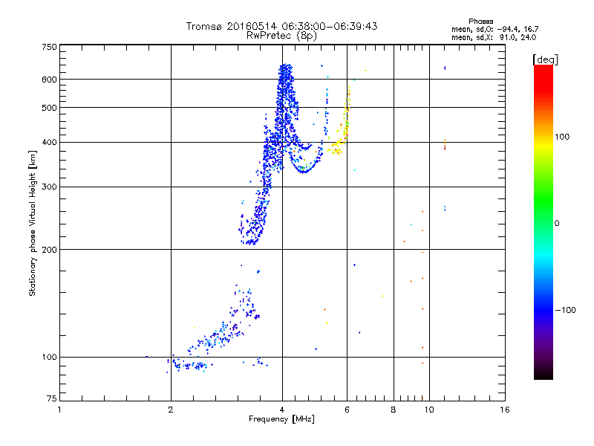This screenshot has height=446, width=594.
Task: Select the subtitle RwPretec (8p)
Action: click(x=281, y=36)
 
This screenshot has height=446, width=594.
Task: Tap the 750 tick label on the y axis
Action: click(x=50, y=47)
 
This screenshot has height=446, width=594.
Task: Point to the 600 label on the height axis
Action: click(x=50, y=80)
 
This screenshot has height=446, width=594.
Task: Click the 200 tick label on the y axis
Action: click(x=50, y=250)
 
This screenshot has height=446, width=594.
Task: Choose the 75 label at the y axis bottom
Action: click(x=52, y=398)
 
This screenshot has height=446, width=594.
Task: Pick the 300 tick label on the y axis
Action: click(x=50, y=187)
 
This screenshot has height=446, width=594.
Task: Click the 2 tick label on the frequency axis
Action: click(x=171, y=410)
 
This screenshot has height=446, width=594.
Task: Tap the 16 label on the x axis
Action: click(x=505, y=410)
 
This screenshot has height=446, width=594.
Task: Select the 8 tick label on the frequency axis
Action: click(x=394, y=410)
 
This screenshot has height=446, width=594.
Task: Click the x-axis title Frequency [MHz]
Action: click(x=281, y=419)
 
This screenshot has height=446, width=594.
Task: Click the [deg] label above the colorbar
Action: click(x=545, y=59)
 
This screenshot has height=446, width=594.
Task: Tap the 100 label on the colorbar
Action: click(x=562, y=137)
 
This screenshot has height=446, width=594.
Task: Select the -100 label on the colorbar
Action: click(x=565, y=310)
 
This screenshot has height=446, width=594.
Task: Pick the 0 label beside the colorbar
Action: click(x=557, y=224)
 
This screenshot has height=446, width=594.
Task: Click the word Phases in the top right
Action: click(x=480, y=22)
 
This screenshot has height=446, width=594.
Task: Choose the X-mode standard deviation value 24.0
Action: click(x=528, y=38)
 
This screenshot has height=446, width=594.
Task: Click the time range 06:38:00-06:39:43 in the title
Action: click(x=330, y=26)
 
